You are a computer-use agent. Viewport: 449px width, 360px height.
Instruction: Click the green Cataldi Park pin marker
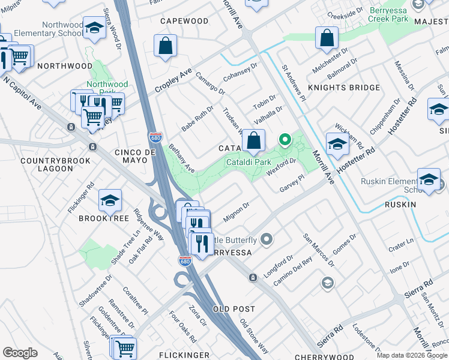tap(285, 141)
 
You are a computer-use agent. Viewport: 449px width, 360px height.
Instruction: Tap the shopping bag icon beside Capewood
tap(165, 46)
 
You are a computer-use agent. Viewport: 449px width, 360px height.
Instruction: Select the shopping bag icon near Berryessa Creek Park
tap(326, 38)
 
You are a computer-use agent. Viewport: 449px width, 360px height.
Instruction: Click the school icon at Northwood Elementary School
tap(94, 28)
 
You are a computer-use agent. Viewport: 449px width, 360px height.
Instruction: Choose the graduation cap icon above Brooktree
tap(110, 200)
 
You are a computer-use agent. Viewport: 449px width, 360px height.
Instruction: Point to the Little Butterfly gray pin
tap(268, 240)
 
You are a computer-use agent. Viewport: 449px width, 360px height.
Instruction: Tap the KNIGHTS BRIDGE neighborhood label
tap(344, 88)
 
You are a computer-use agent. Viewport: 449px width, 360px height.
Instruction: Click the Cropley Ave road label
tap(173, 80)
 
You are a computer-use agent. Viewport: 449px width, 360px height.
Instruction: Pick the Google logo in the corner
tap(20, 353)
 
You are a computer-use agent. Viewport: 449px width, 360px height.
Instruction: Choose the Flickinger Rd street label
tap(90, 194)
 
